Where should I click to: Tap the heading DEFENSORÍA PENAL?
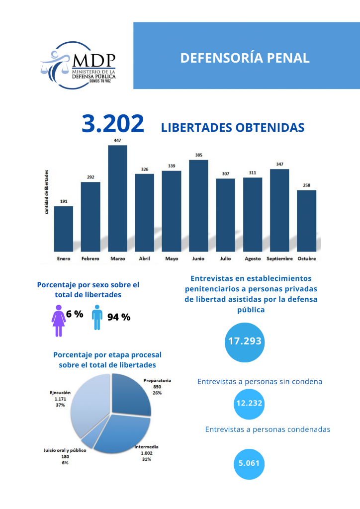pyautogui.click(x=245, y=58)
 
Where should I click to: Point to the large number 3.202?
pyautogui.click(x=113, y=124)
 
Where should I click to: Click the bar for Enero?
pyautogui.click(x=64, y=228)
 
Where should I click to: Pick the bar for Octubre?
pyautogui.click(x=307, y=220)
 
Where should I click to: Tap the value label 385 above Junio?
pyautogui.click(x=198, y=155)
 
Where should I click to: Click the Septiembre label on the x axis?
pyautogui.click(x=279, y=258)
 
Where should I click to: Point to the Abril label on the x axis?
pyautogui.click(x=144, y=258)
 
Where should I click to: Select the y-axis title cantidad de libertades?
pyautogui.click(x=47, y=191)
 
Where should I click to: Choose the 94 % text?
pyautogui.click(x=119, y=317)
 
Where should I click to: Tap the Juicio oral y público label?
pyautogui.click(x=65, y=450)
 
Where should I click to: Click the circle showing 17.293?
pyautogui.click(x=245, y=341)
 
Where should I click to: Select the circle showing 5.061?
pyautogui.click(x=249, y=463)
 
